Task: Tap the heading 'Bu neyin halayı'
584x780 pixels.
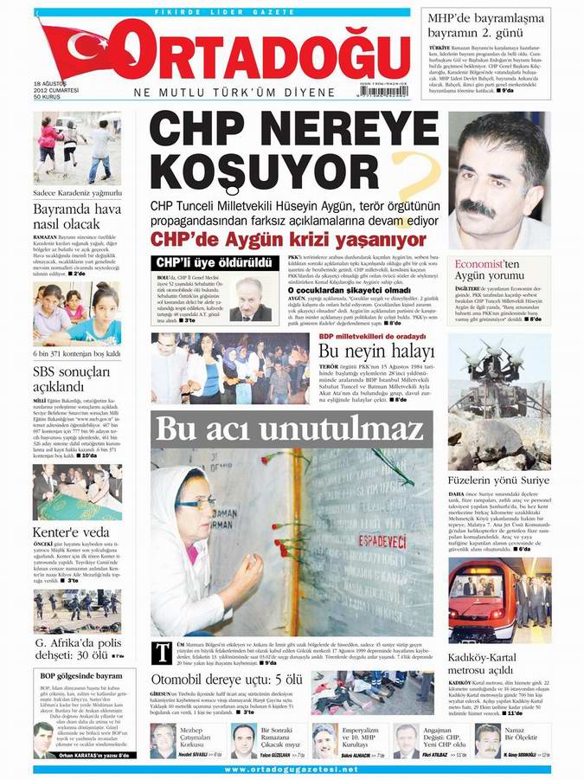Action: (x=375, y=351)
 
